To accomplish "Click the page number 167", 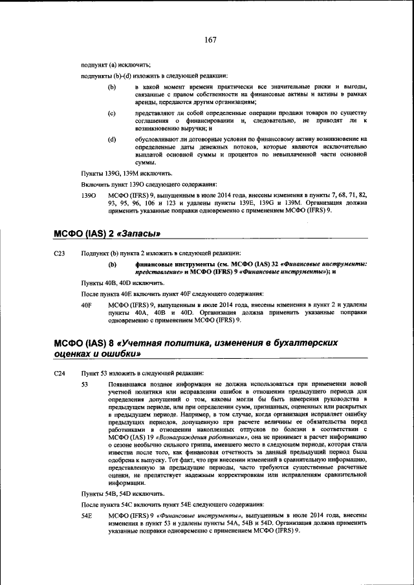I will pos(210,40).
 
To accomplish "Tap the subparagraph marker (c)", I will pos(112,113).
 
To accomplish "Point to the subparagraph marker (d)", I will pos(112,139).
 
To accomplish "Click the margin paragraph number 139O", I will pos(88,195).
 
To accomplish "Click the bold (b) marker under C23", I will pos(112,264).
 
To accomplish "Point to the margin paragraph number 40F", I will pos(87,304).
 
